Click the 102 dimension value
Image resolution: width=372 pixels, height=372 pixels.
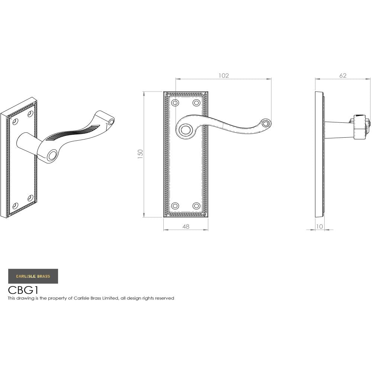pos(223,76)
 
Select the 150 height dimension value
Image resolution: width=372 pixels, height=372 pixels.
pos(141,154)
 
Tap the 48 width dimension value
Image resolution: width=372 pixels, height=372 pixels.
pos(186,226)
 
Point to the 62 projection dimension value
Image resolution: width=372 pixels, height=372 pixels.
pos(343,76)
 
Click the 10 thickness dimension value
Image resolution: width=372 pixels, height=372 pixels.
pos(320,226)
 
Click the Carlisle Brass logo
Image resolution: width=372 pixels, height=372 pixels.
pos(33,276)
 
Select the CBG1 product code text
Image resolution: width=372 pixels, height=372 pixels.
pos(23,290)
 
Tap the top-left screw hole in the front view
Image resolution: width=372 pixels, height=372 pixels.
pos(175,102)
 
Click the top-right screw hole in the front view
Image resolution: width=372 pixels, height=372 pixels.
pos(196,102)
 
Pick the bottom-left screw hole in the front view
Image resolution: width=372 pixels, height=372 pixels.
pos(175,206)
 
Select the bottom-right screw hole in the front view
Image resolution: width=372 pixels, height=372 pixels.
pos(196,206)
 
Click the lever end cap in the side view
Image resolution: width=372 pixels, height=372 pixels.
pos(361,127)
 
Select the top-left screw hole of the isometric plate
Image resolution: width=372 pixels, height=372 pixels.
pos(15,121)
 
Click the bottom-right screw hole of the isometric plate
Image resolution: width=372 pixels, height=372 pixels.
pos(31,198)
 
